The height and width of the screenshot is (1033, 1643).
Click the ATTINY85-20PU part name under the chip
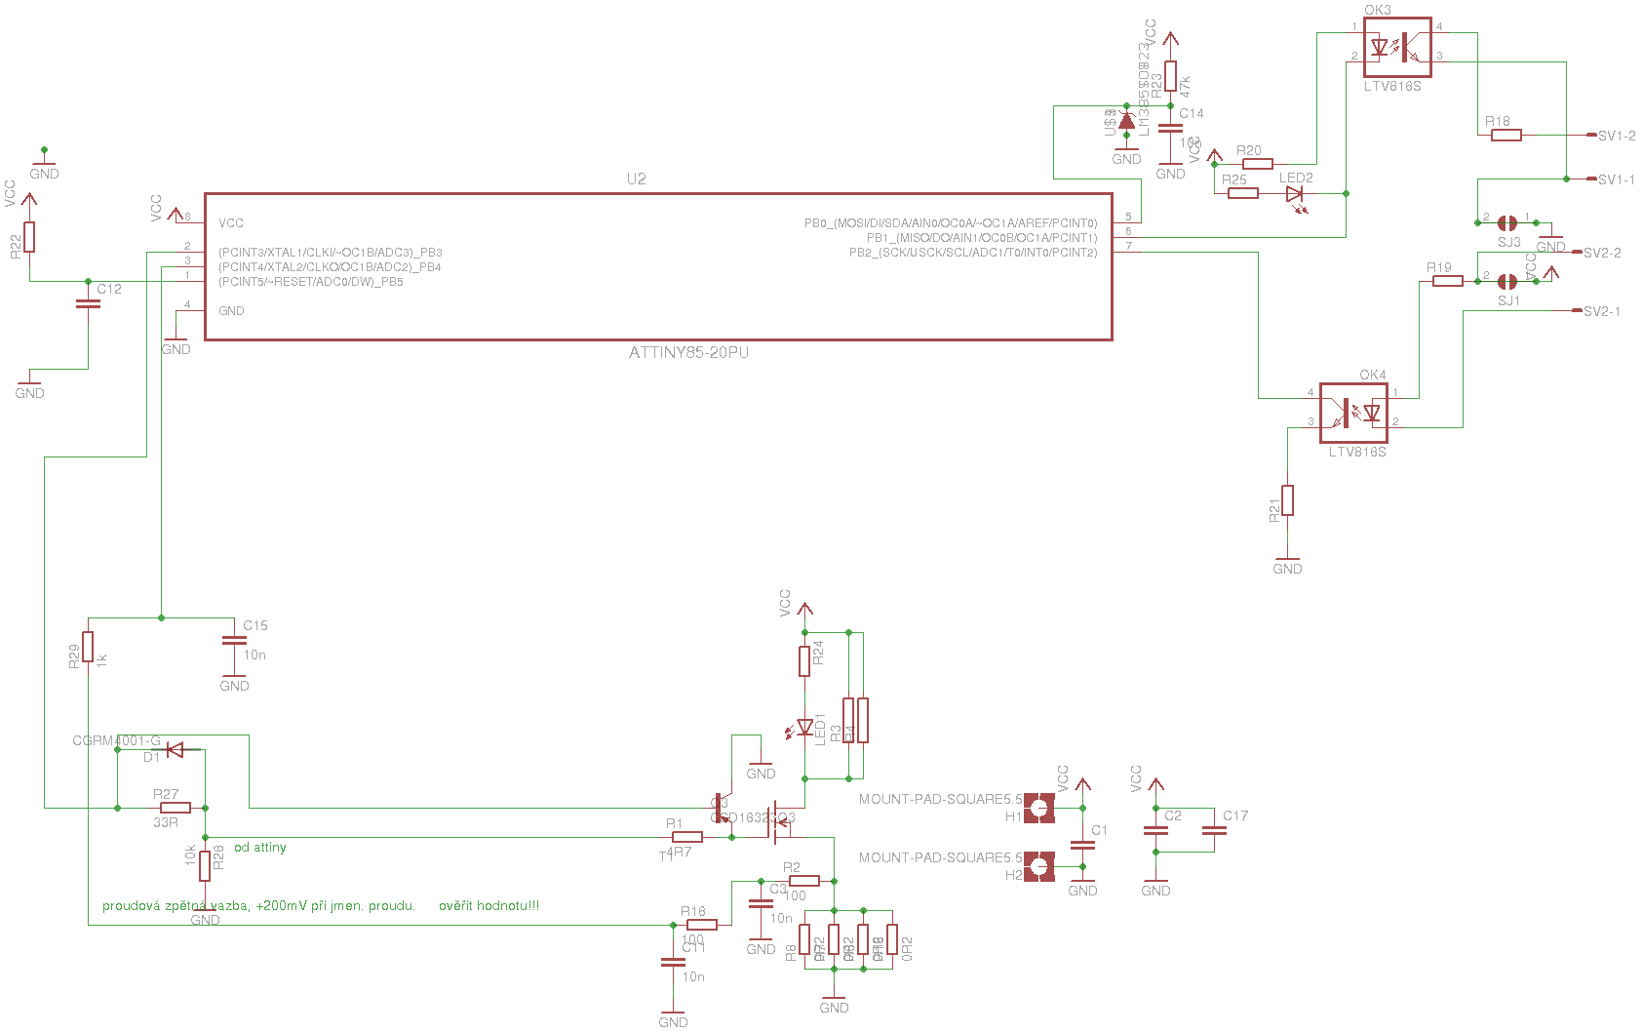[688, 352]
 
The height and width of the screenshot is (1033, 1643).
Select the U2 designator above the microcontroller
[636, 179]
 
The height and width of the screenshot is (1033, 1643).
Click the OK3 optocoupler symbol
[1396, 47]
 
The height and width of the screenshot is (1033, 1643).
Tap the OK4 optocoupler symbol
[1353, 413]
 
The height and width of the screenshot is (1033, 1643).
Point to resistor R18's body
[1506, 136]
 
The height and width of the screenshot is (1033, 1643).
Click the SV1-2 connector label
[1617, 136]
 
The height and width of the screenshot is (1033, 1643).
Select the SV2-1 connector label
[1601, 311]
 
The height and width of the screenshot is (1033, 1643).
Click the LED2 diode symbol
[1295, 194]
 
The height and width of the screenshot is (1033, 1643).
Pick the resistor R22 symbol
[29, 237]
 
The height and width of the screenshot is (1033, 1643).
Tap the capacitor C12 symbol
[88, 303]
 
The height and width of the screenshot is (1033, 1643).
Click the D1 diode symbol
[176, 749]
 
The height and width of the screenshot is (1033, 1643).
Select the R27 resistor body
[176, 808]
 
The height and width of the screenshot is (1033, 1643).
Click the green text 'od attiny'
[260, 848]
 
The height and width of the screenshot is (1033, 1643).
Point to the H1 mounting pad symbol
[1039, 808]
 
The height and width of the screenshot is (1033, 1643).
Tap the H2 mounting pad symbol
[1039, 866]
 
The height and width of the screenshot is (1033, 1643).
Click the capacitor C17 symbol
[1214, 831]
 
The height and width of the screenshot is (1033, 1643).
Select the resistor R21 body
[1287, 500]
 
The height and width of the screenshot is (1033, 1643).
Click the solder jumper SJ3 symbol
[1506, 223]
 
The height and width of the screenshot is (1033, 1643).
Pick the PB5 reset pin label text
[310, 282]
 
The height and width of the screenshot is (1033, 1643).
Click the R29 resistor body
[88, 647]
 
